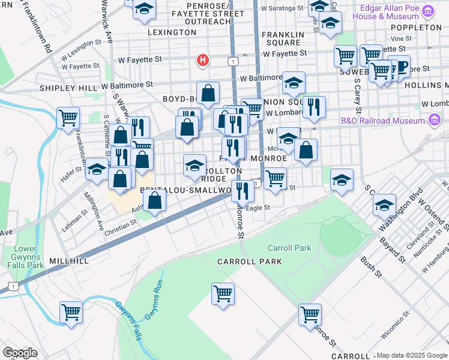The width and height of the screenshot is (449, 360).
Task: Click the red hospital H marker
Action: point(203,61)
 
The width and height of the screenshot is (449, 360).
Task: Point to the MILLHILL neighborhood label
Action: point(70,262)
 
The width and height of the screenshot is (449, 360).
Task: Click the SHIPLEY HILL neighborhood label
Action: point(68,88)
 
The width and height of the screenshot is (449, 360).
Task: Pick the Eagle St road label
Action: point(259,208)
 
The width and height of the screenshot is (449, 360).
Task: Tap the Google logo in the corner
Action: point(20,353)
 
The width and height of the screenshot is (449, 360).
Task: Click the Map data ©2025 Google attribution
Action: point(412,355)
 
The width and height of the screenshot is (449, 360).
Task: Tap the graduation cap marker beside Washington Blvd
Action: point(384,206)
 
